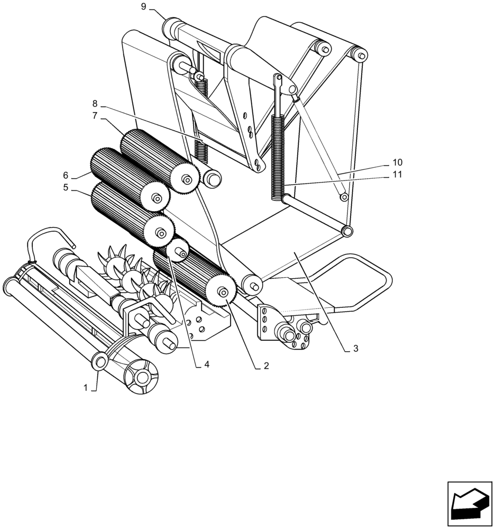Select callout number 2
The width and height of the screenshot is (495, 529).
tap(266, 366)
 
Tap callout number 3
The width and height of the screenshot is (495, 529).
tap(355, 349)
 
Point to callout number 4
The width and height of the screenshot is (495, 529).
tap(207, 364)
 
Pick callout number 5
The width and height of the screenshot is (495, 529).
tap(66, 187)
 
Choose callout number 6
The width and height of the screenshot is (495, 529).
tap(66, 175)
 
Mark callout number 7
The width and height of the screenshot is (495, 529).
tap(95, 115)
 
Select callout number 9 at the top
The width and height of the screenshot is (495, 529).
tap(144, 6)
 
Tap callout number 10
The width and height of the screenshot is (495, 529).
tap(397, 162)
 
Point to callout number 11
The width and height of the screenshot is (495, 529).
tap(397, 175)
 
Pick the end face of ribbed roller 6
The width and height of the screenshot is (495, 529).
tap(157, 198)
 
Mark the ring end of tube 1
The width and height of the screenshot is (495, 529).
tap(99, 362)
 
